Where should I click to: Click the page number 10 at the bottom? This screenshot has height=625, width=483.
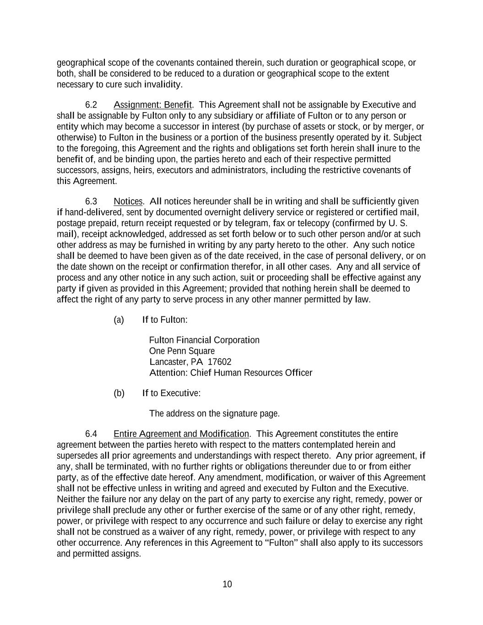coord(227,584)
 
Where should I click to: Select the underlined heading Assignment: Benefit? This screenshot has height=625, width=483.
coord(152,105)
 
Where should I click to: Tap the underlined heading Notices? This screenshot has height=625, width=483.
coord(128,201)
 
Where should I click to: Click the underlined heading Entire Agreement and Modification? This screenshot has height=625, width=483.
coord(181,434)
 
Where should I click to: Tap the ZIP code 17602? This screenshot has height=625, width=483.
coord(219,362)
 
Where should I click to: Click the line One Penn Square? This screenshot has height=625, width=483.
coord(182,351)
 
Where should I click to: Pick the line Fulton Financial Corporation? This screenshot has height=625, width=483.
coord(204,340)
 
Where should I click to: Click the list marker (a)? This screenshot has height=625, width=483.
coord(119,320)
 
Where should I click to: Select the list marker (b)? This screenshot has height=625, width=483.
coord(119,393)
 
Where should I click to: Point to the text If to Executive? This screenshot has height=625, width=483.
coord(171,393)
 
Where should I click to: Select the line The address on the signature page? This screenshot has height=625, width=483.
coord(214,413)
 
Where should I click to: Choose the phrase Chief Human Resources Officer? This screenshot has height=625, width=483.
coord(251,373)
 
